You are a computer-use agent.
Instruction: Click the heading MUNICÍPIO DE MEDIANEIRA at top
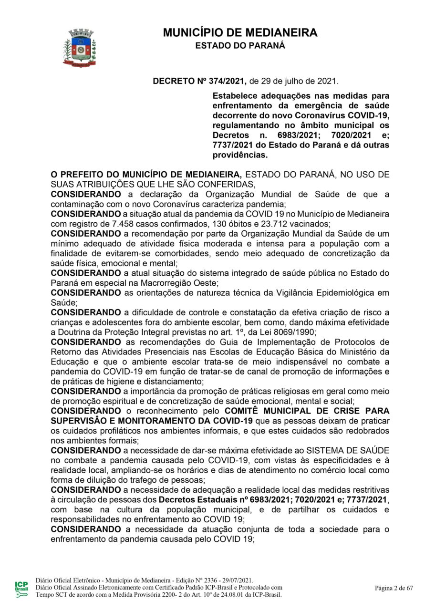click(x=240, y=33)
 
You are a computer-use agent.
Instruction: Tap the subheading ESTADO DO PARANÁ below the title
click(x=240, y=46)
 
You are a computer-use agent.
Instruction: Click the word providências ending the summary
click(x=240, y=155)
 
